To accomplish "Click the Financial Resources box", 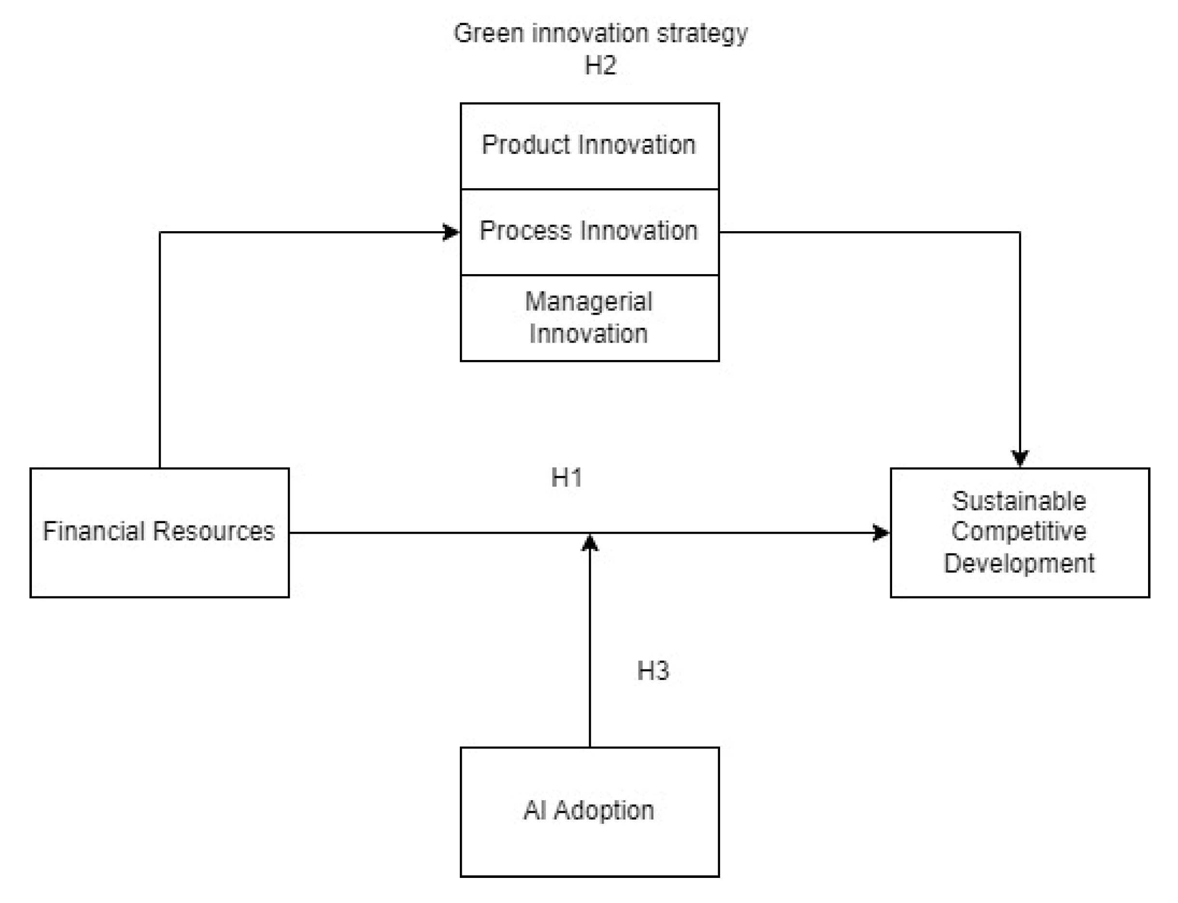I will coord(159,532).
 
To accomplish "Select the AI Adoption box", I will coord(590,812).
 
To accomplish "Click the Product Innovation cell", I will coord(590,145).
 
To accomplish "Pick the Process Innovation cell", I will coord(590,231).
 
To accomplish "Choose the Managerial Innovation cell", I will coord(590,318).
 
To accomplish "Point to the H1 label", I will coord(567,477).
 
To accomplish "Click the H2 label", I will coord(600,66).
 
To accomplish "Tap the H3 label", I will coord(653,671).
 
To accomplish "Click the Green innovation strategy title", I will coord(600,33).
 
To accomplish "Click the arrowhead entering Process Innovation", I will coord(451,232).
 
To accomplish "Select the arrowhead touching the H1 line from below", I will coord(590,543).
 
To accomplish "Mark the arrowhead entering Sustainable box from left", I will coord(880,533).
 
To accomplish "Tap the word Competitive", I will coord(1019,531).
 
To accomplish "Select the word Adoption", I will coord(604,810).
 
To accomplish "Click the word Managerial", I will coord(589,302).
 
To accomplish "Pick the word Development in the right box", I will coord(1019,563).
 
